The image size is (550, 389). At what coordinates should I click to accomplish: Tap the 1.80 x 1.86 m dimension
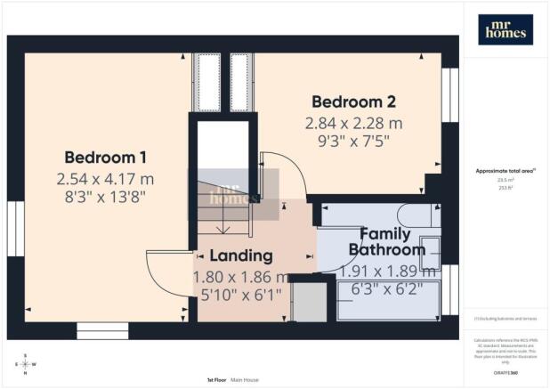pyautogui.click(x=241, y=277)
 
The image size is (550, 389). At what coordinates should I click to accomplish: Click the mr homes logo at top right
pyautogui.click(x=506, y=29)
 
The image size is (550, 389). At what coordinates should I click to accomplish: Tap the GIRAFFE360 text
pyautogui.click(x=505, y=373)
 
